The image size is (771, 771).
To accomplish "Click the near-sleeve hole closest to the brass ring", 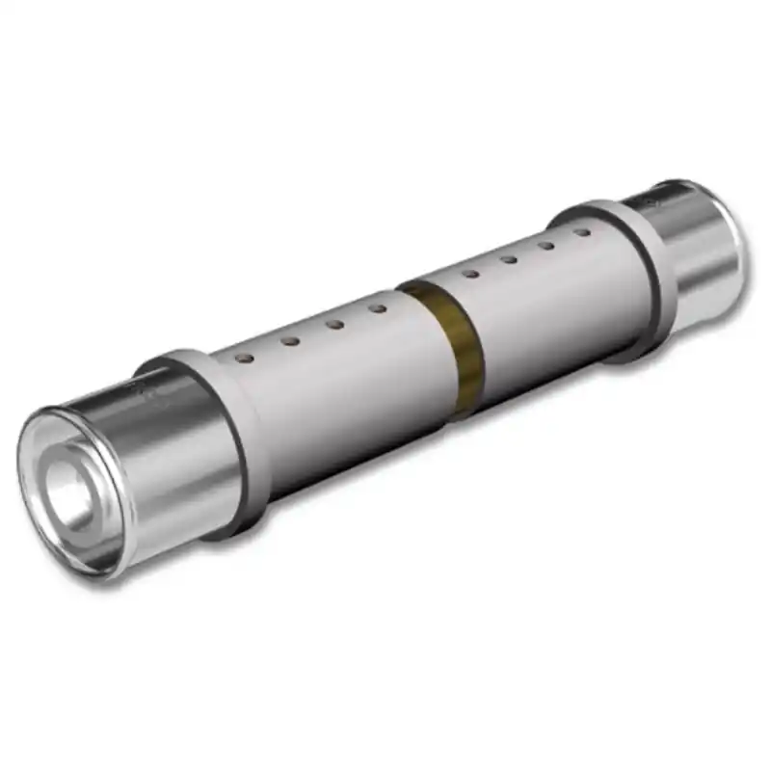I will (x=378, y=309).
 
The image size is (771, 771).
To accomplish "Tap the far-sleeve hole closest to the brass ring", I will (x=470, y=274).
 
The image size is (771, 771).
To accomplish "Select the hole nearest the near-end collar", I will (x=245, y=358).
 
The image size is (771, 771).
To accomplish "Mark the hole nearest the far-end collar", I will (x=581, y=232).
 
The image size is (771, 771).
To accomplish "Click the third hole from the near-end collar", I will (x=334, y=325).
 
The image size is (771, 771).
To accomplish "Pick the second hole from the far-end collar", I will (x=545, y=245).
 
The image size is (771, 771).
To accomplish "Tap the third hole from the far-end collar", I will (x=508, y=259).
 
